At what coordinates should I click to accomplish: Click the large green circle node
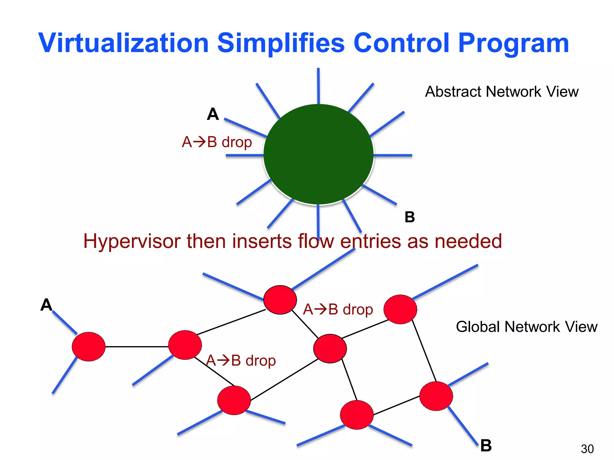pyautogui.click(x=318, y=155)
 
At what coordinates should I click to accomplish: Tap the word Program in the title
pyautogui.click(x=513, y=43)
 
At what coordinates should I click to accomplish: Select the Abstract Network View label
pyautogui.click(x=502, y=92)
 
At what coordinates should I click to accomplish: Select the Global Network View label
pyautogui.click(x=526, y=327)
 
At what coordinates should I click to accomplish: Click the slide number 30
pyautogui.click(x=587, y=449)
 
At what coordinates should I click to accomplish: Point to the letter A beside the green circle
pyautogui.click(x=213, y=114)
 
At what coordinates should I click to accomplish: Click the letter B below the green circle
pyautogui.click(x=410, y=217)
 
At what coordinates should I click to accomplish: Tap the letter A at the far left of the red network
pyautogui.click(x=46, y=305)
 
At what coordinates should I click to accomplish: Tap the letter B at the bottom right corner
pyautogui.click(x=486, y=446)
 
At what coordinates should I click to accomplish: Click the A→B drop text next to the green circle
pyautogui.click(x=216, y=142)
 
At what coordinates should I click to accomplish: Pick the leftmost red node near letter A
pyautogui.click(x=88, y=346)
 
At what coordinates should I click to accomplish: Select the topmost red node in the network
pyautogui.click(x=280, y=300)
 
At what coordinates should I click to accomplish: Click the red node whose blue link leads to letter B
pyautogui.click(x=436, y=396)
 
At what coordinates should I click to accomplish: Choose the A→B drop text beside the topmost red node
pyautogui.click(x=338, y=309)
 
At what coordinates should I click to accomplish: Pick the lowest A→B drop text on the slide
pyautogui.click(x=241, y=361)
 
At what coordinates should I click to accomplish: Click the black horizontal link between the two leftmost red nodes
pyautogui.click(x=137, y=347)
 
